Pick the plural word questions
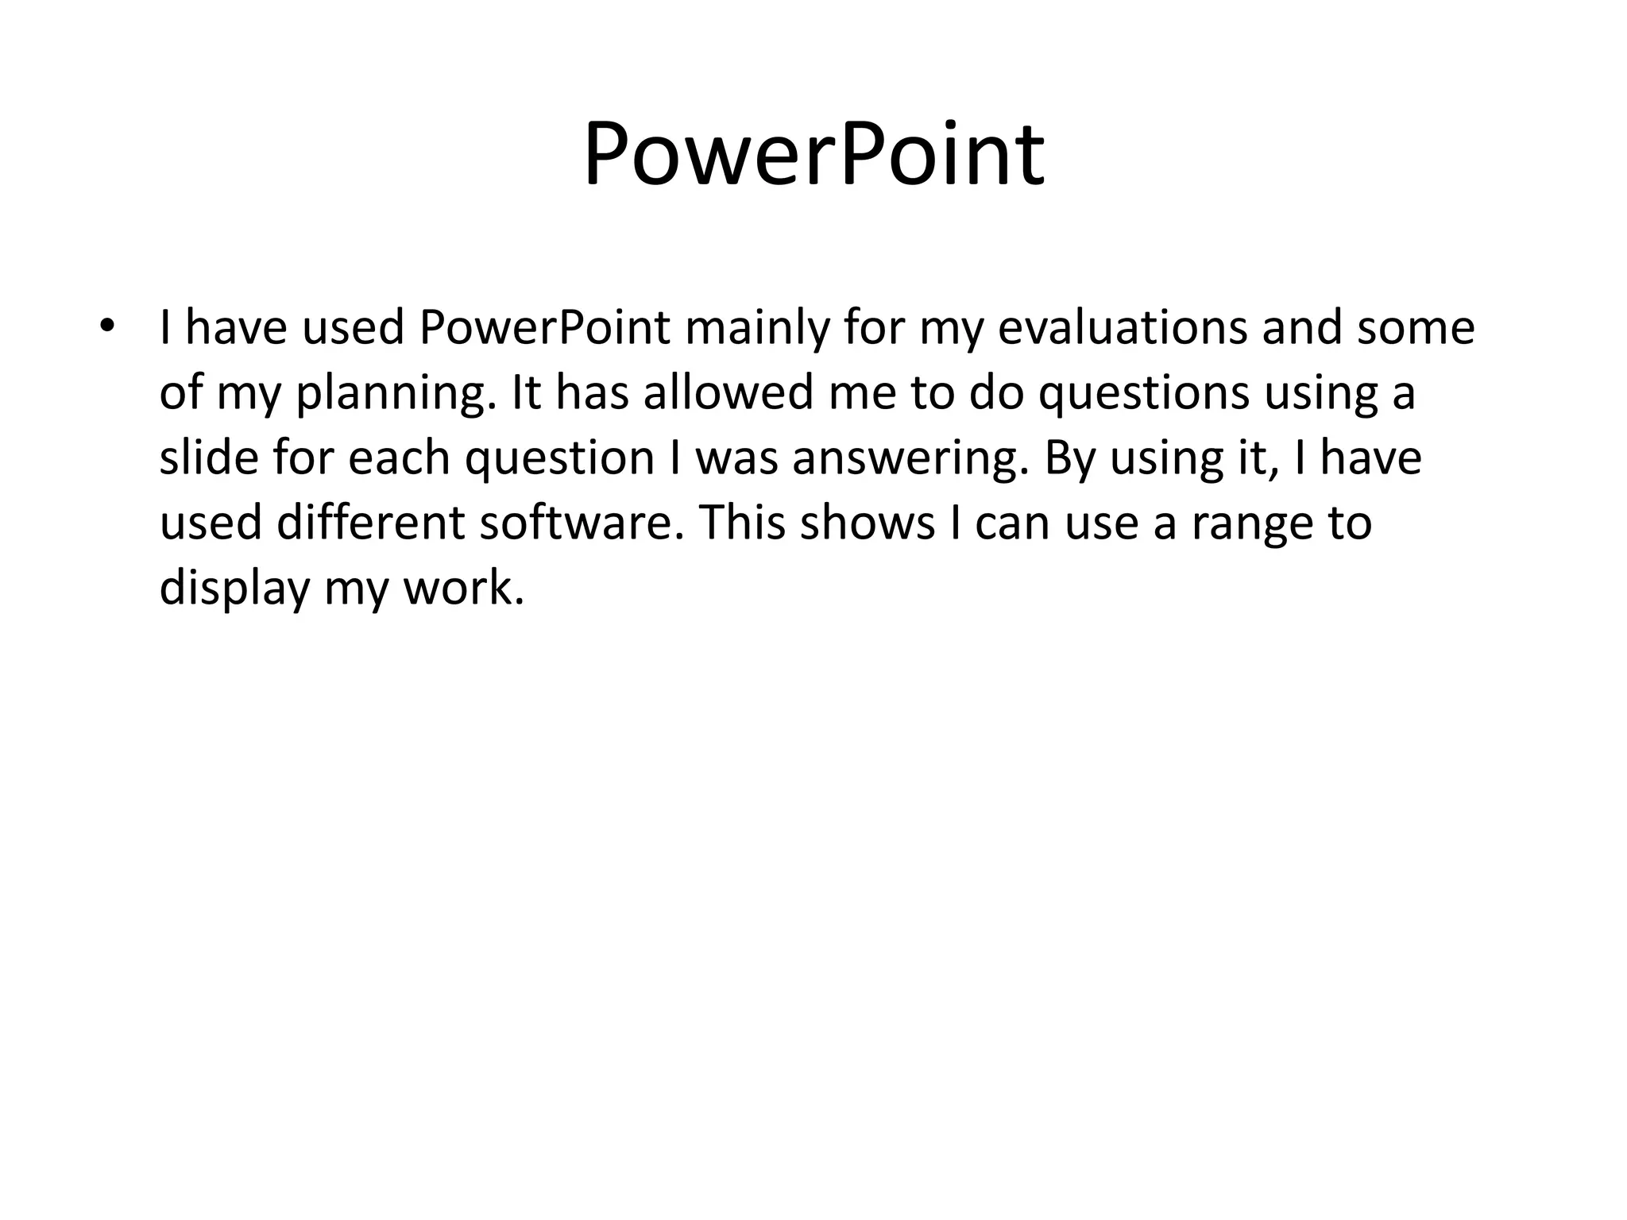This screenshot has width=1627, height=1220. [1144, 393]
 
